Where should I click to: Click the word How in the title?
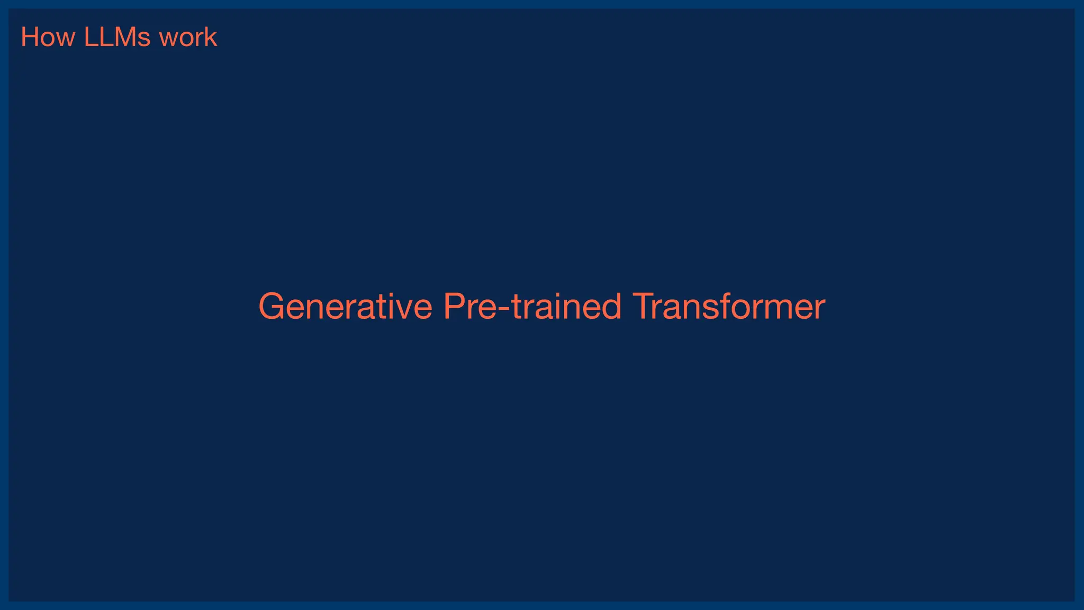[x=48, y=38]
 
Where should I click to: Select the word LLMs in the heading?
[x=117, y=38]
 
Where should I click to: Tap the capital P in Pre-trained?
[x=454, y=307]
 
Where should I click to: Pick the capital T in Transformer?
[x=644, y=307]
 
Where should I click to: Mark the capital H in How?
[x=30, y=38]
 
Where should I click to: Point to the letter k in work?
[x=212, y=38]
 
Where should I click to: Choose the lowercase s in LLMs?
[x=143, y=40]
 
